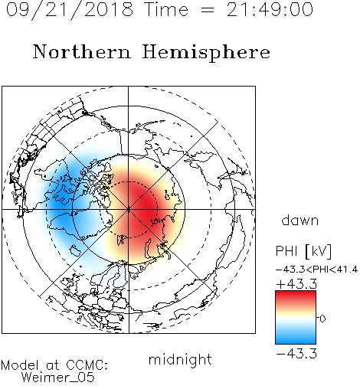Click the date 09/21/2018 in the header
(x=70, y=10)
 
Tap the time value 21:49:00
(x=270, y=10)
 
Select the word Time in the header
(x=166, y=10)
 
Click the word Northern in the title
(x=82, y=51)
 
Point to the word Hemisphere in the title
(x=206, y=53)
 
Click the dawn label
(x=300, y=220)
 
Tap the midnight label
(x=180, y=359)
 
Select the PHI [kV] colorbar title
(x=303, y=251)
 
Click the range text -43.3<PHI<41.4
(x=317, y=270)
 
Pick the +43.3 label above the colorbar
(x=296, y=284)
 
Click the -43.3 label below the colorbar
(x=296, y=354)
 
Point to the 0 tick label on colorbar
(x=322, y=319)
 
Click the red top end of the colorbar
(x=296, y=293)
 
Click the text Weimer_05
(x=58, y=377)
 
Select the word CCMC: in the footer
(x=87, y=365)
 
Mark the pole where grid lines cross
(x=129, y=210)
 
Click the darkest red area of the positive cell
(x=144, y=204)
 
